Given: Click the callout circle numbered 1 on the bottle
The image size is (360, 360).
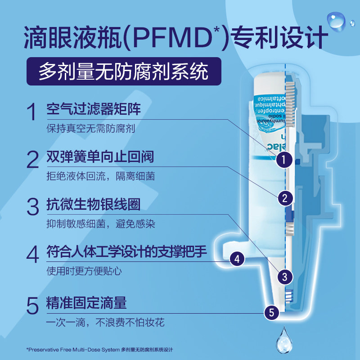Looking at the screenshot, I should point(284,158).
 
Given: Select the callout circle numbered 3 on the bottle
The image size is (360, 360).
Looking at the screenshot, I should point(284,276).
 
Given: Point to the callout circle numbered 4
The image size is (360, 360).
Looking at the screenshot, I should point(237,259).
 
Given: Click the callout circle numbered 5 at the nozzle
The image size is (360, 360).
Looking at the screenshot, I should point(271,311).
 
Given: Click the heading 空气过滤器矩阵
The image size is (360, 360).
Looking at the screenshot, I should point(94,109).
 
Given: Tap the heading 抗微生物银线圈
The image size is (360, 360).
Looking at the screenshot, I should point(94,204).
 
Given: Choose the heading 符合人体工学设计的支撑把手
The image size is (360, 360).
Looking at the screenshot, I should point(126,252).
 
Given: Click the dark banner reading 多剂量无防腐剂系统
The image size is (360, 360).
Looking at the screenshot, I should point(123,71).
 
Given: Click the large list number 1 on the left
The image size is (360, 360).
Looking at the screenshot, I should point(31,112).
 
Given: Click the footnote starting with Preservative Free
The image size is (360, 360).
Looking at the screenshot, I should point(99,349).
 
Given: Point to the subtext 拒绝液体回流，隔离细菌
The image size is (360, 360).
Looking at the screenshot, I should point(100,176).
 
